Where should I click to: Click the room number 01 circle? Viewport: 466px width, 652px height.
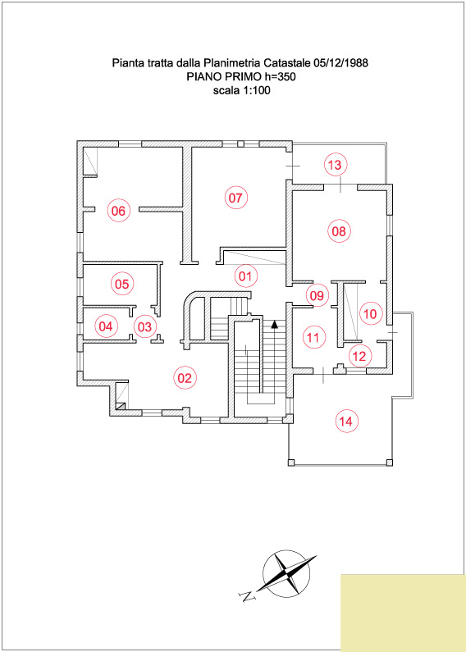pyautogui.click(x=246, y=276)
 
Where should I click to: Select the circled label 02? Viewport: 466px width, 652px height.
pyautogui.click(x=185, y=377)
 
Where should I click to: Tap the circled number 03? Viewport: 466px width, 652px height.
pyautogui.click(x=144, y=326)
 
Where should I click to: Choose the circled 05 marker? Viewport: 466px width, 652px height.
pyautogui.click(x=122, y=284)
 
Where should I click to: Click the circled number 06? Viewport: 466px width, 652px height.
pyautogui.click(x=119, y=211)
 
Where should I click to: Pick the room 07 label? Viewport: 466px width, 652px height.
pyautogui.click(x=236, y=198)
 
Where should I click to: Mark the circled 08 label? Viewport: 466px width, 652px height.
pyautogui.click(x=339, y=231)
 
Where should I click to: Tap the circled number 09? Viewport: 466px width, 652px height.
pyautogui.click(x=317, y=295)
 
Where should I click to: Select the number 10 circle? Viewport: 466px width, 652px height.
pyautogui.click(x=370, y=314)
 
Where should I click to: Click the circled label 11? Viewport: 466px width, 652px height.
pyautogui.click(x=313, y=337)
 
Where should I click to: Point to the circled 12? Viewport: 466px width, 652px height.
pyautogui.click(x=359, y=356)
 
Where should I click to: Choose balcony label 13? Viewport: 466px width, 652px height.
pyautogui.click(x=335, y=165)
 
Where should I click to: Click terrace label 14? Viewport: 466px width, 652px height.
pyautogui.click(x=346, y=422)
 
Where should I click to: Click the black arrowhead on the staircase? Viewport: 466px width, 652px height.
pyautogui.click(x=274, y=324)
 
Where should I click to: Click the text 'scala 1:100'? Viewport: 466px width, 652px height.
pyautogui.click(x=241, y=90)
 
